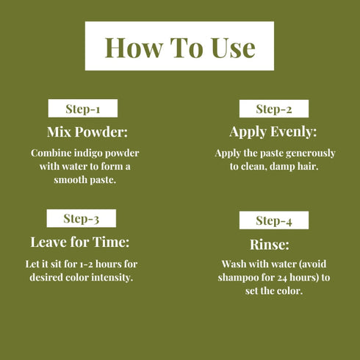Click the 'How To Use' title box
[x=180, y=46]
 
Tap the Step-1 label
[x=82, y=109]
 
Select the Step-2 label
[x=274, y=109]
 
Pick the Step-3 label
[x=81, y=218]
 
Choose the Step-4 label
[x=274, y=220]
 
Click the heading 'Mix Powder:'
[x=87, y=132]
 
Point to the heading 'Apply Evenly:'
[x=273, y=132]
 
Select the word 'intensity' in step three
[x=115, y=276]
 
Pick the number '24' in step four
[x=282, y=277]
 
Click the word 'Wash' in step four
[x=235, y=264]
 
